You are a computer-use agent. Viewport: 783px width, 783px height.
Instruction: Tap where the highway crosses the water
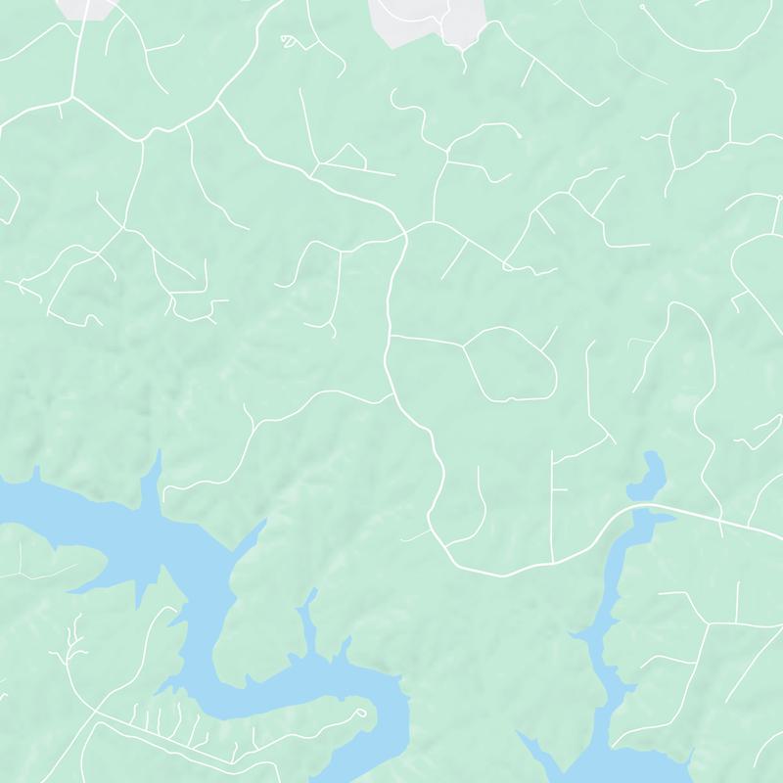(642, 508)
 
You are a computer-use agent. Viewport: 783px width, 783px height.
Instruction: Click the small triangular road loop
(345, 157)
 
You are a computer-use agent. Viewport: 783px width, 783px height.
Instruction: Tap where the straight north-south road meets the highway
(552, 563)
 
